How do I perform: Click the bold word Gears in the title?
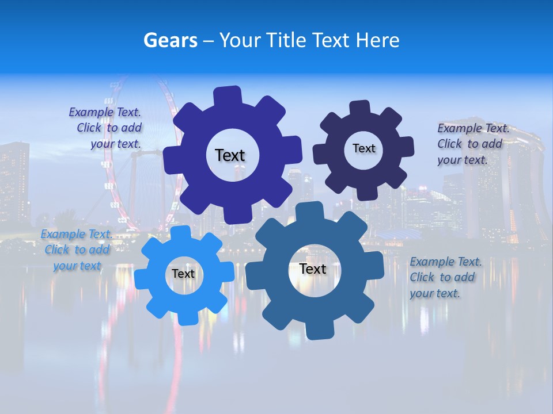(171, 40)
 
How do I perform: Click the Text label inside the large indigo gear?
(230, 155)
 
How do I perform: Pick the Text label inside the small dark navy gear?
(363, 148)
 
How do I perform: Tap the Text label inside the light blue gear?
(183, 274)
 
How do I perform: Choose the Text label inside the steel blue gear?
(313, 269)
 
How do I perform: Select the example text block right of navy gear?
(472, 144)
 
